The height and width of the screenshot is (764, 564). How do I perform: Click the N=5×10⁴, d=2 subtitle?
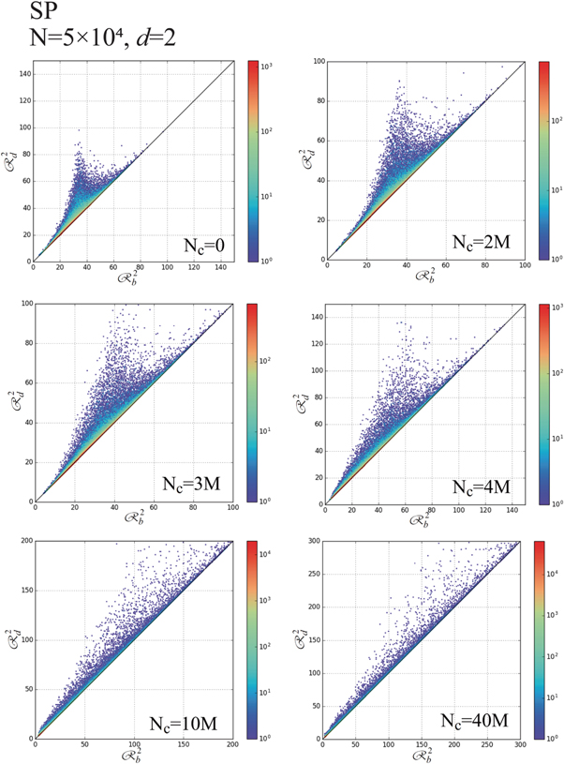(94, 42)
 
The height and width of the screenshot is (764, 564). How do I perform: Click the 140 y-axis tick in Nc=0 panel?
(23, 74)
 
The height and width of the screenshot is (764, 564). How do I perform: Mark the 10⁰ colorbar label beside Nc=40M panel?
(560, 739)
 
